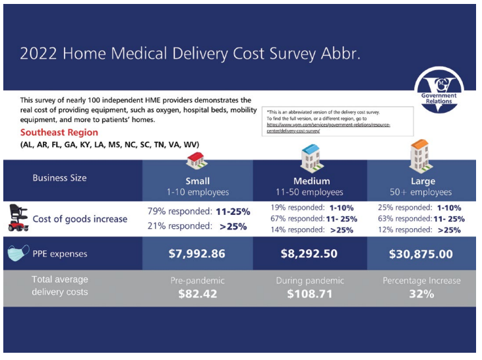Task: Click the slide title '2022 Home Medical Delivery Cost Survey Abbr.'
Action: (191, 53)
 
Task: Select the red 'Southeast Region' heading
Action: (59, 133)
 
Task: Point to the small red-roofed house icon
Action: (196, 159)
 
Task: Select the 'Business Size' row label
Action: (59, 178)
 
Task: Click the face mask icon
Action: (17, 254)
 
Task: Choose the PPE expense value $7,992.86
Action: (197, 254)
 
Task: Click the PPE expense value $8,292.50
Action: (310, 254)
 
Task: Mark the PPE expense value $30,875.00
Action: (420, 254)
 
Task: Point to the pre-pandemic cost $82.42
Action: (197, 294)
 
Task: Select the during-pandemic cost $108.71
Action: (310, 294)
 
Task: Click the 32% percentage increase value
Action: (420, 294)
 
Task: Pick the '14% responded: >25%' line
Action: (312, 230)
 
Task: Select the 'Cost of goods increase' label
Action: (80, 219)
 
